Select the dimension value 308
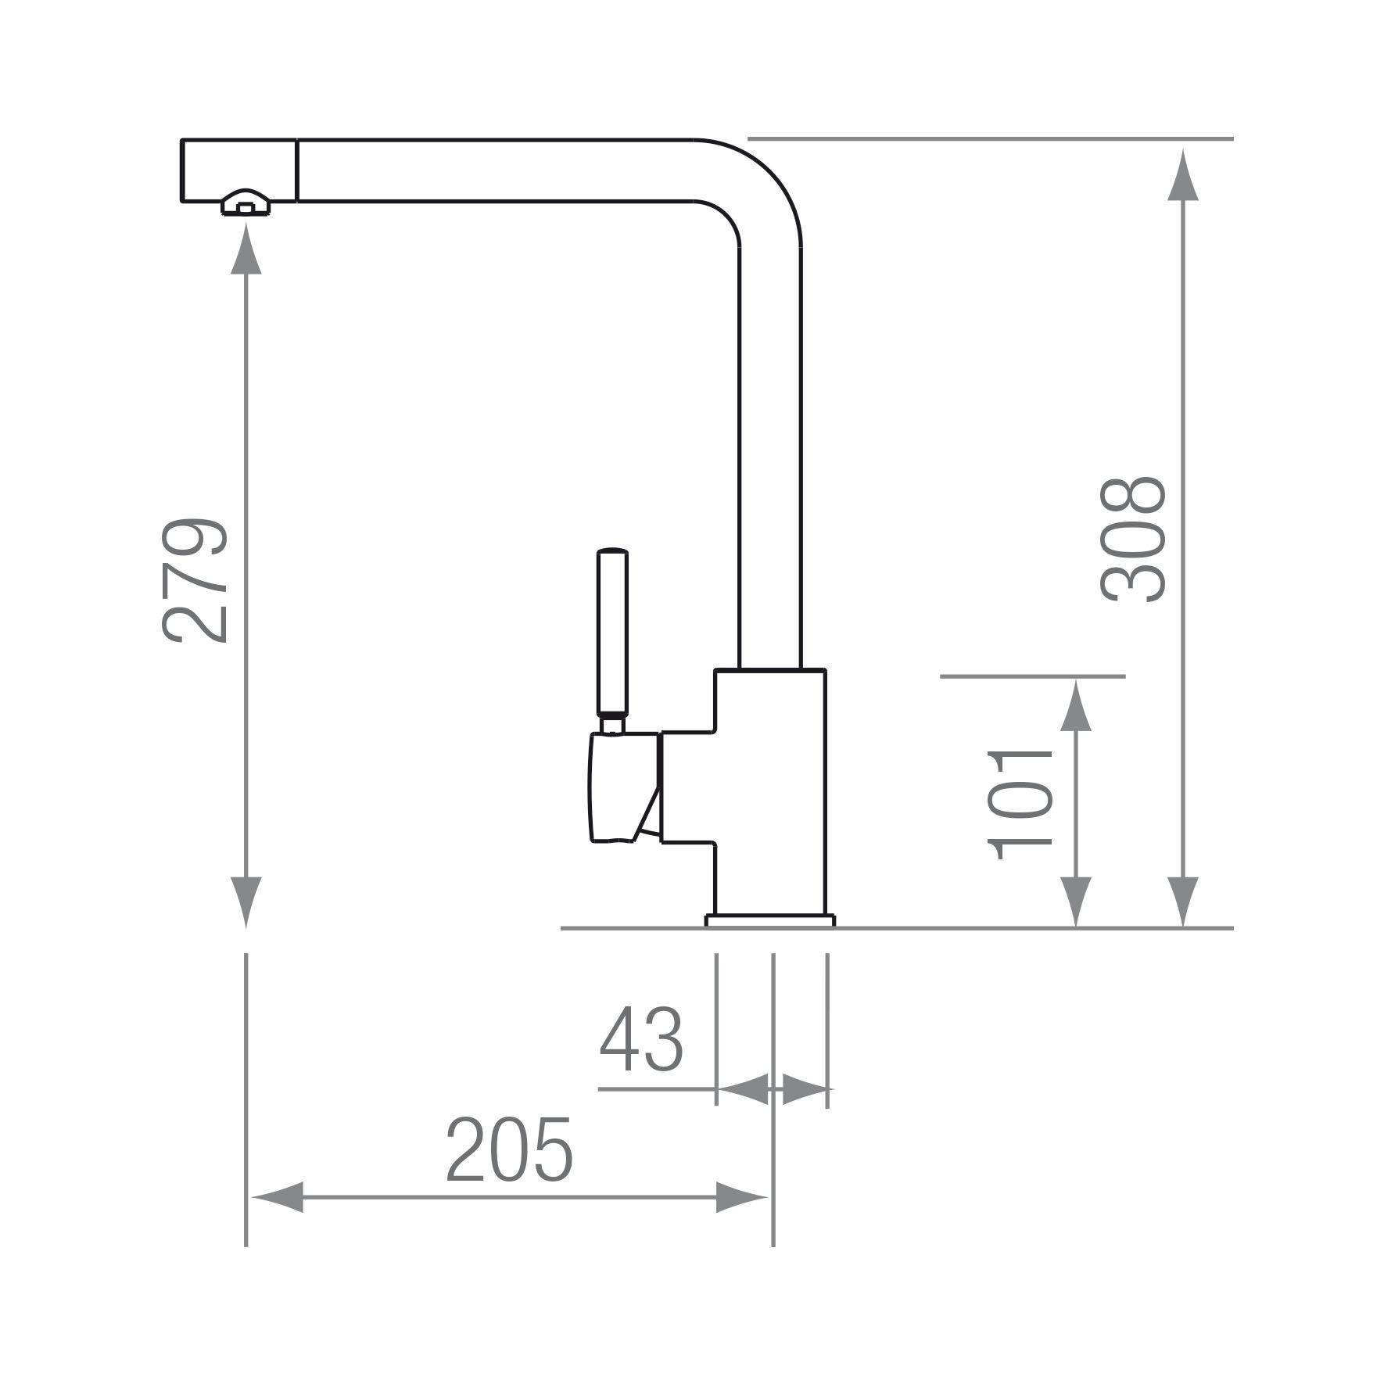pos(1133,539)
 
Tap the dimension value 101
pos(1020,805)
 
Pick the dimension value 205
pos(509,1149)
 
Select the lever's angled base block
pos(624,787)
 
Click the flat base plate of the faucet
pos(770,920)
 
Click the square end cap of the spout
pos(238,170)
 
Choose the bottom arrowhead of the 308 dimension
pos(1182,902)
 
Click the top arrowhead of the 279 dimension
pos(246,248)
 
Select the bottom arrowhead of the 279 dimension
pos(246,902)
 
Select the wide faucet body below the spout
pos(770,791)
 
